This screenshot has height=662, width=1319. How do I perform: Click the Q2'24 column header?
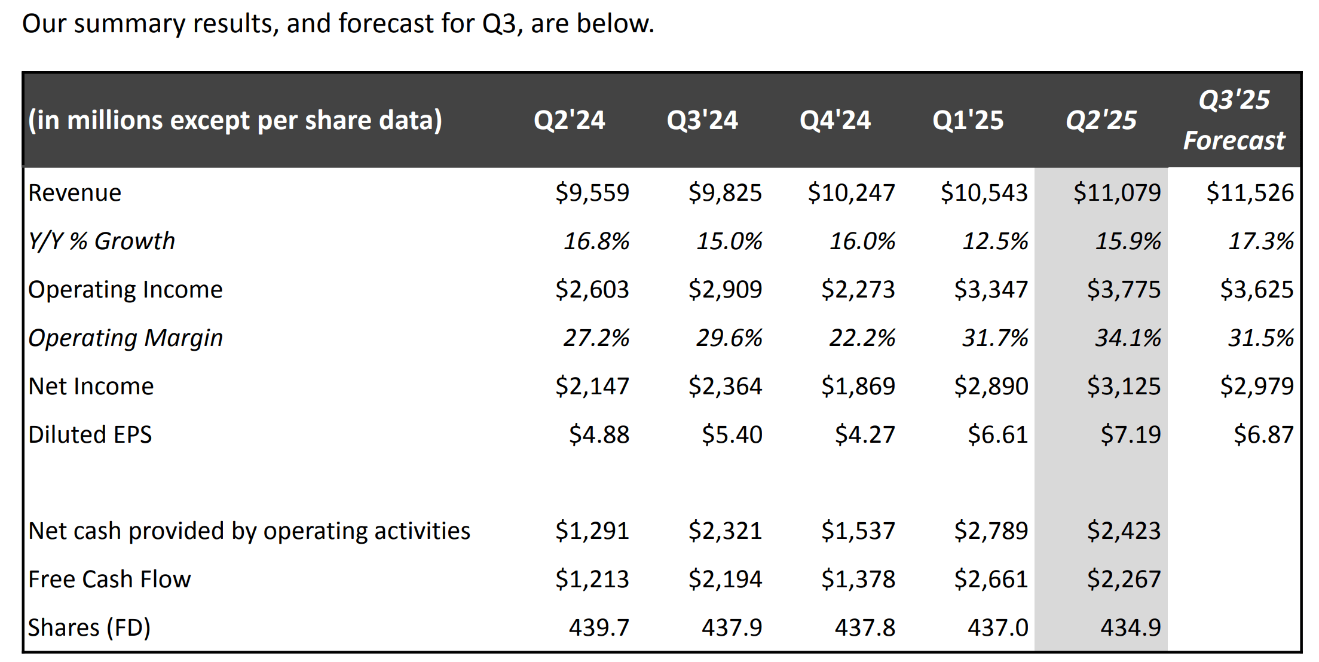click(569, 120)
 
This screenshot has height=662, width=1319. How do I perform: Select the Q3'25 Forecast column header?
click(1234, 120)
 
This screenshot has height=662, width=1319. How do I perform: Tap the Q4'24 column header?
click(835, 120)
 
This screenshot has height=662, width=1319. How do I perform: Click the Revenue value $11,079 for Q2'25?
click(1116, 192)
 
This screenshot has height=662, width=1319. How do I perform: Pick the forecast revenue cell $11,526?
click(1250, 192)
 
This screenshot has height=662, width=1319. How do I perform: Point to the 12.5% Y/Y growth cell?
click(994, 241)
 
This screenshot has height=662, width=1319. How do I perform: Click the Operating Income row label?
click(125, 289)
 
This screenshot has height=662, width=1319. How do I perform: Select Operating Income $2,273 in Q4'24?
click(858, 289)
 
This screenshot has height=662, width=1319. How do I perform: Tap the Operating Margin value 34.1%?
click(1127, 338)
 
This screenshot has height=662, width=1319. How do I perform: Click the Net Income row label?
click(91, 386)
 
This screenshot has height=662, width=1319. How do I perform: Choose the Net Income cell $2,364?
click(725, 386)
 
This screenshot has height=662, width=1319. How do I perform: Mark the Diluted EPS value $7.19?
click(1130, 434)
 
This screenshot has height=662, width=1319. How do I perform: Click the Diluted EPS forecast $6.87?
click(1263, 434)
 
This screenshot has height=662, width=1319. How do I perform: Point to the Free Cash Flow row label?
click(109, 579)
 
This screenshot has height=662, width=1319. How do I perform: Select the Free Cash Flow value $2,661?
click(990, 579)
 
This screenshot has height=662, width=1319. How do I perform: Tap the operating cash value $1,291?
click(592, 531)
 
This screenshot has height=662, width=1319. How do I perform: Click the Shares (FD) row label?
click(89, 627)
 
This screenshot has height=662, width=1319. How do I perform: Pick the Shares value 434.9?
click(1130, 627)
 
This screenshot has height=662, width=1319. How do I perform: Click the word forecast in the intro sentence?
click(385, 24)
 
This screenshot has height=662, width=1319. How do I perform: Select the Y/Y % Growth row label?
click(102, 241)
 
